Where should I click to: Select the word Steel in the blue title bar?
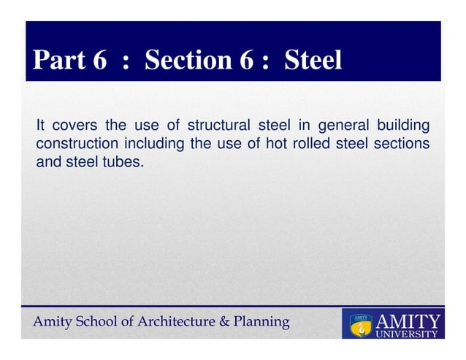[x=313, y=61]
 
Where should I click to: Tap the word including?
[x=156, y=143]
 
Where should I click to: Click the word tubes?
[x=123, y=161]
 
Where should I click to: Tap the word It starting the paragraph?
[x=42, y=125]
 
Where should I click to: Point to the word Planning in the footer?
[x=259, y=322]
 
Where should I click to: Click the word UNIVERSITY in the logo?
[x=406, y=334]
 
